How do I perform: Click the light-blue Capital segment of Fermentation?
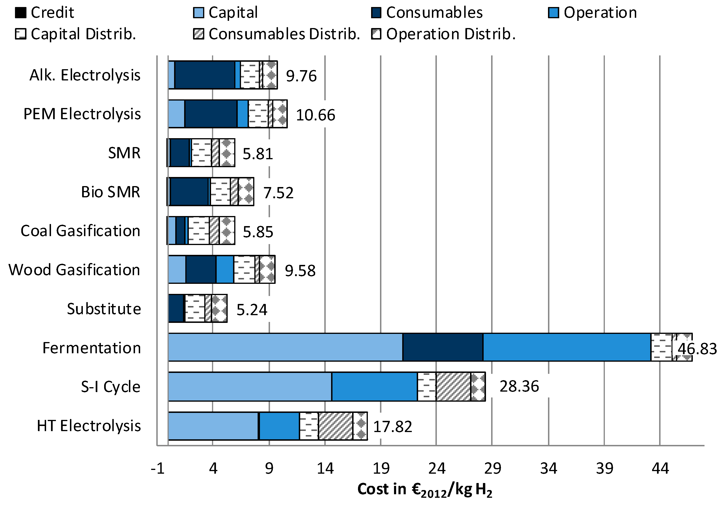pyautogui.click(x=285, y=347)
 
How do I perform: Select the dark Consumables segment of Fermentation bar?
pyautogui.click(x=443, y=347)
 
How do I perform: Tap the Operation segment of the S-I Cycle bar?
pyautogui.click(x=374, y=386)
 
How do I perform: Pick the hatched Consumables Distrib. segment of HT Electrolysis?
pyautogui.click(x=335, y=426)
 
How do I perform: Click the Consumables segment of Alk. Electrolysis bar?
pyautogui.click(x=205, y=75)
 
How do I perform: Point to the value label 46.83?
pyautogui.click(x=697, y=349)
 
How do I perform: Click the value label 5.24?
pyautogui.click(x=252, y=310)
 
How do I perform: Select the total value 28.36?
pyautogui.click(x=519, y=386)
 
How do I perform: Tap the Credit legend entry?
pyautogui.click(x=45, y=13)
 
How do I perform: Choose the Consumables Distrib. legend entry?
pyautogui.click(x=277, y=34)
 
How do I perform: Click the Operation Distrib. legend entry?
pyautogui.click(x=444, y=34)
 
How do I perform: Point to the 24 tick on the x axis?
pyautogui.click(x=436, y=469)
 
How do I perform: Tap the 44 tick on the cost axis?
pyautogui.click(x=660, y=469)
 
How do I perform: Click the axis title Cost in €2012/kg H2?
pyautogui.click(x=424, y=490)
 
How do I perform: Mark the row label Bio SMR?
pyautogui.click(x=110, y=192)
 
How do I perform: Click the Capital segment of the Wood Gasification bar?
pyautogui.click(x=177, y=269)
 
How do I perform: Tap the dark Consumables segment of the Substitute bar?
pyautogui.click(x=176, y=308)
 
